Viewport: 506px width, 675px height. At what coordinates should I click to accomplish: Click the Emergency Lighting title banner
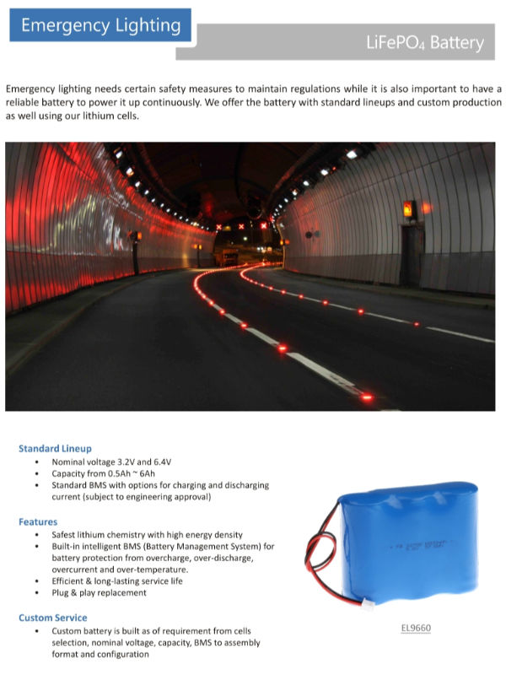tap(100, 25)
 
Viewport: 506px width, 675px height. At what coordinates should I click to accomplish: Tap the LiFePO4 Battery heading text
tap(425, 43)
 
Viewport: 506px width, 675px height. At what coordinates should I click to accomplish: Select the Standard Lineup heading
tap(55, 448)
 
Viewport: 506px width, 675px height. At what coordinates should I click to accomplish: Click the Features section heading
tap(38, 521)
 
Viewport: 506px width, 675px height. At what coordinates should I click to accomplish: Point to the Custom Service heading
tap(54, 618)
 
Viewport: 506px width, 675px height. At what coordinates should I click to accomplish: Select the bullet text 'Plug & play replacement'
tap(99, 593)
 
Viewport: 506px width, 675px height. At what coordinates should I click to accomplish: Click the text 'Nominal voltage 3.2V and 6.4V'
tap(111, 462)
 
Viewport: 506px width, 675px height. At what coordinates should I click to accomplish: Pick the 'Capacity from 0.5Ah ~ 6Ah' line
tap(107, 473)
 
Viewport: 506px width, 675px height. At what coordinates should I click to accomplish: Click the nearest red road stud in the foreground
tap(366, 396)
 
